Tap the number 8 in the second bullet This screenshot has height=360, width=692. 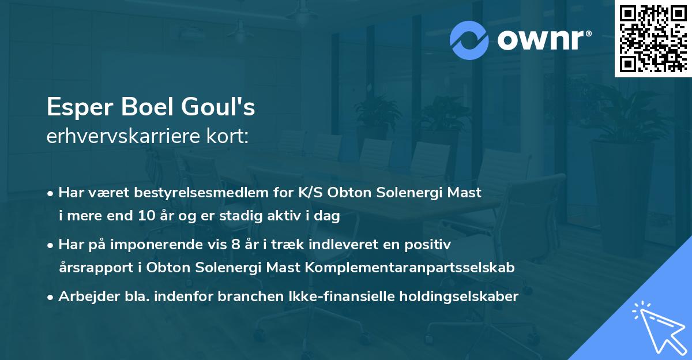pyautogui.click(x=235, y=245)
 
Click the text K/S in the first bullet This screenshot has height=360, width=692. pyautogui.click(x=311, y=193)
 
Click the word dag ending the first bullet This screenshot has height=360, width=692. pyautogui.click(x=328, y=216)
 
